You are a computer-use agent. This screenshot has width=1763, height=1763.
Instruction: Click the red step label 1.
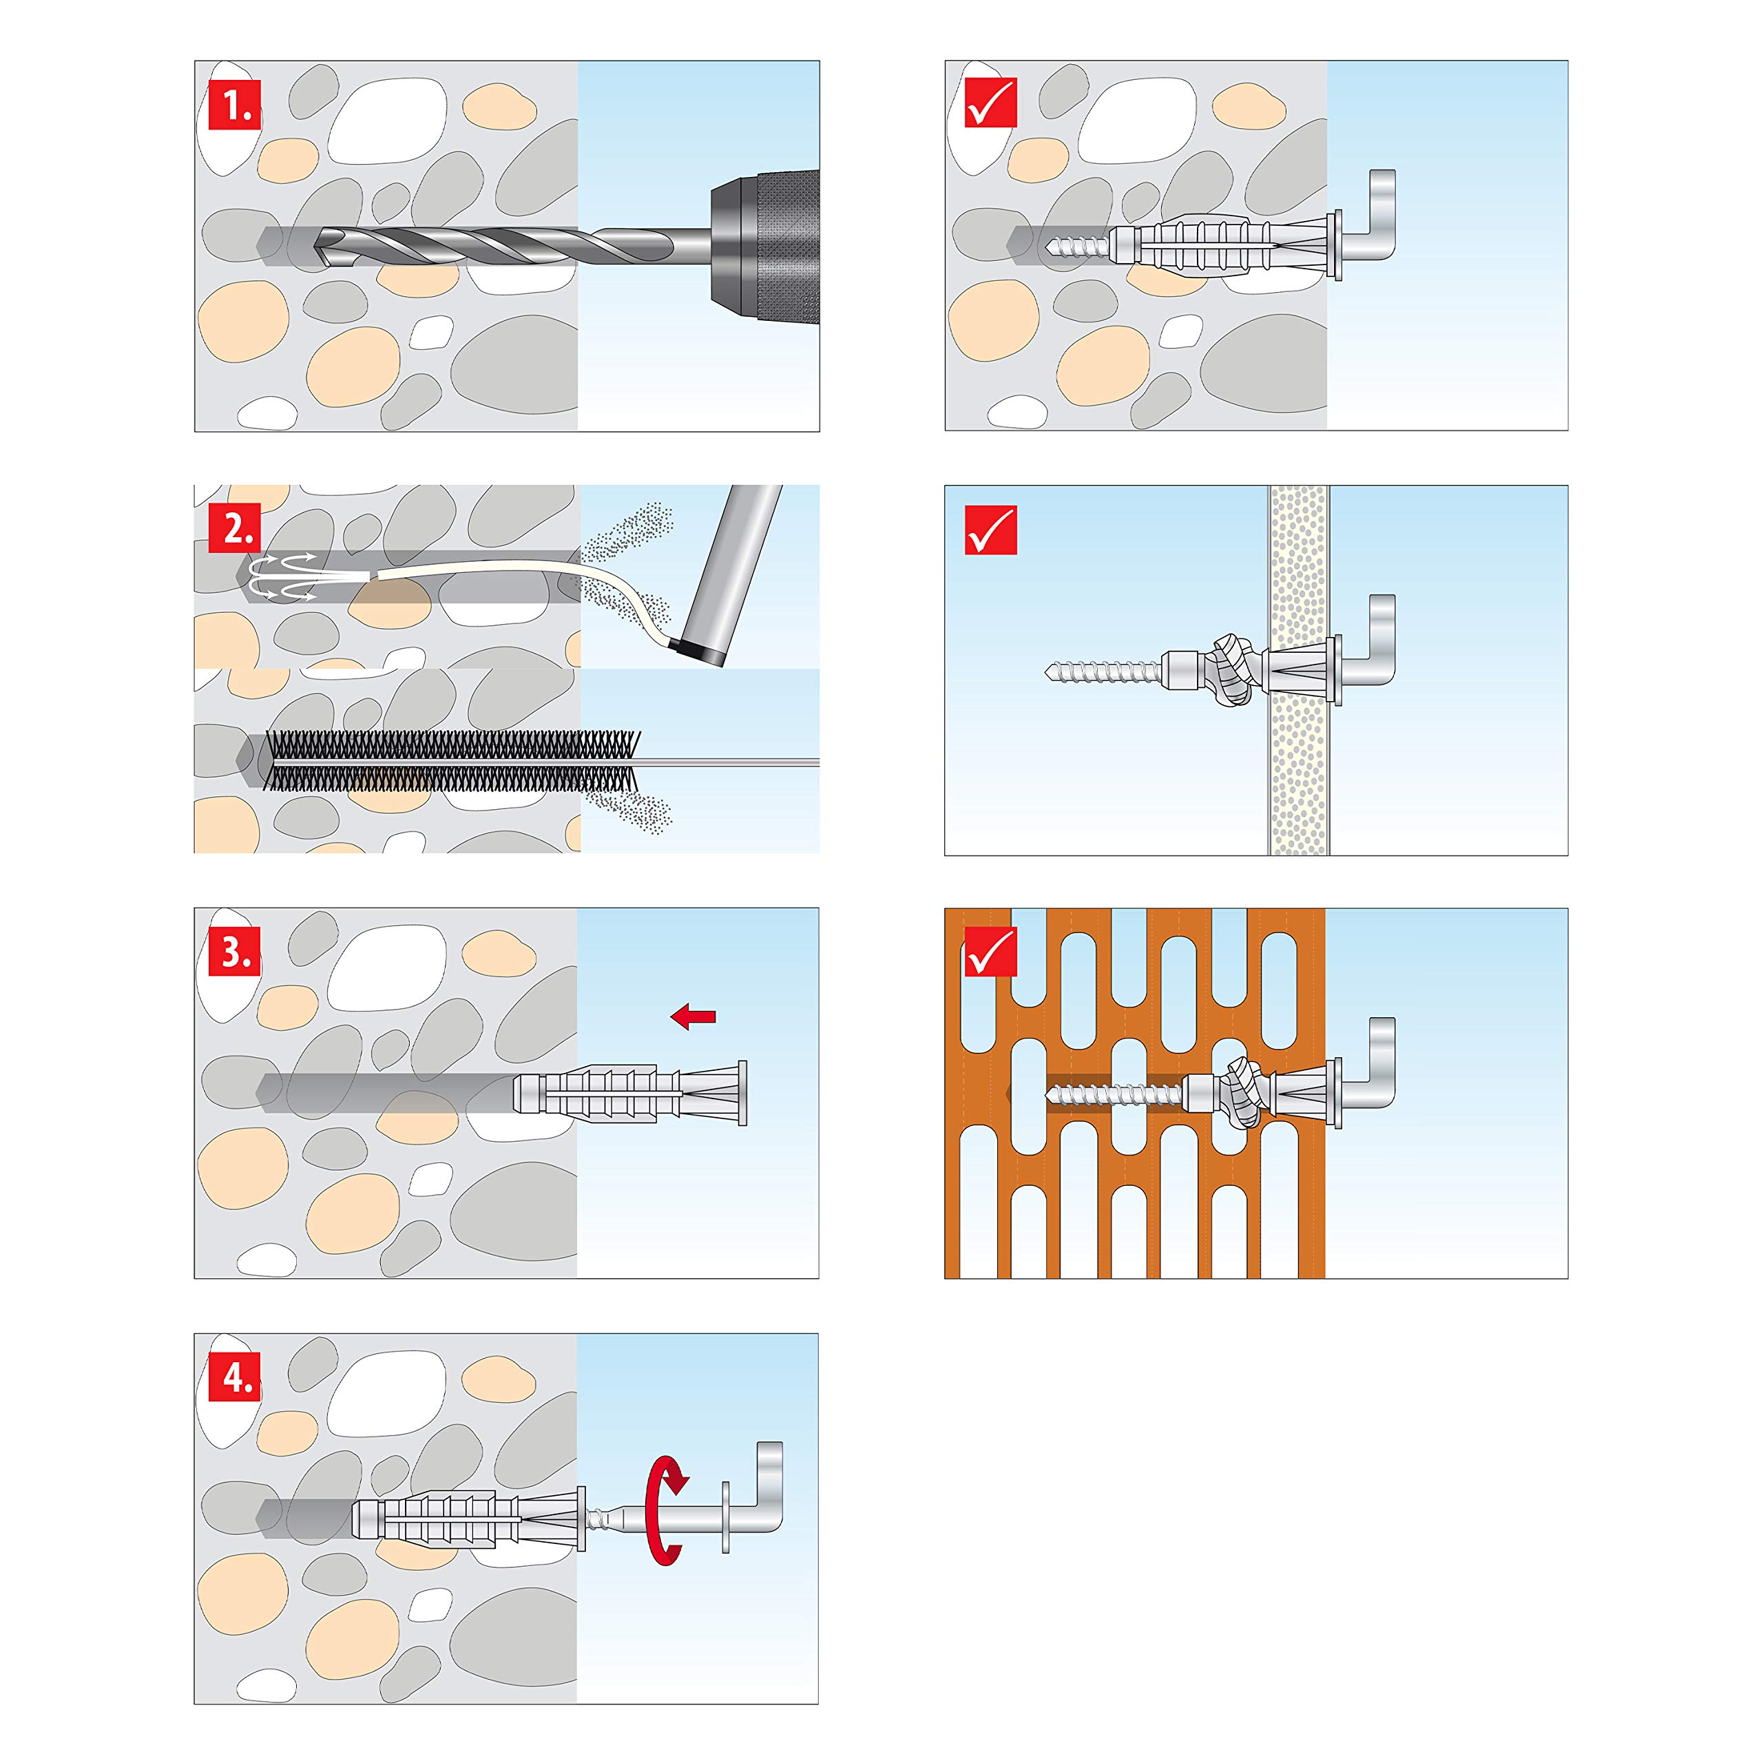(x=235, y=105)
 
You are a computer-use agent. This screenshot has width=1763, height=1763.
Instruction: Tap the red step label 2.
(x=235, y=528)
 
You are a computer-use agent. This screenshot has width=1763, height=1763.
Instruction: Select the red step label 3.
(x=235, y=952)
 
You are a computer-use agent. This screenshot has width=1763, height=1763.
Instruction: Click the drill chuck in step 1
(x=764, y=245)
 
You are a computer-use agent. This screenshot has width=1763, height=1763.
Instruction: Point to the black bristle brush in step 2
(x=452, y=760)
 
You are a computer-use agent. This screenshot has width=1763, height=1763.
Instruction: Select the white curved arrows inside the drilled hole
(x=283, y=576)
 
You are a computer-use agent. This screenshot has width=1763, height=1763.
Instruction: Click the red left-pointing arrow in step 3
(x=693, y=1016)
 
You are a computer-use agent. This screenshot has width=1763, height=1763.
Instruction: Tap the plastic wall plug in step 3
(x=629, y=1092)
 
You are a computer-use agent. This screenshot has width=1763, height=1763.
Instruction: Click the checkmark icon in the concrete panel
(x=990, y=105)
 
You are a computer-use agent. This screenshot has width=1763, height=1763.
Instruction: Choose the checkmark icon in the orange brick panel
(x=990, y=952)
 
